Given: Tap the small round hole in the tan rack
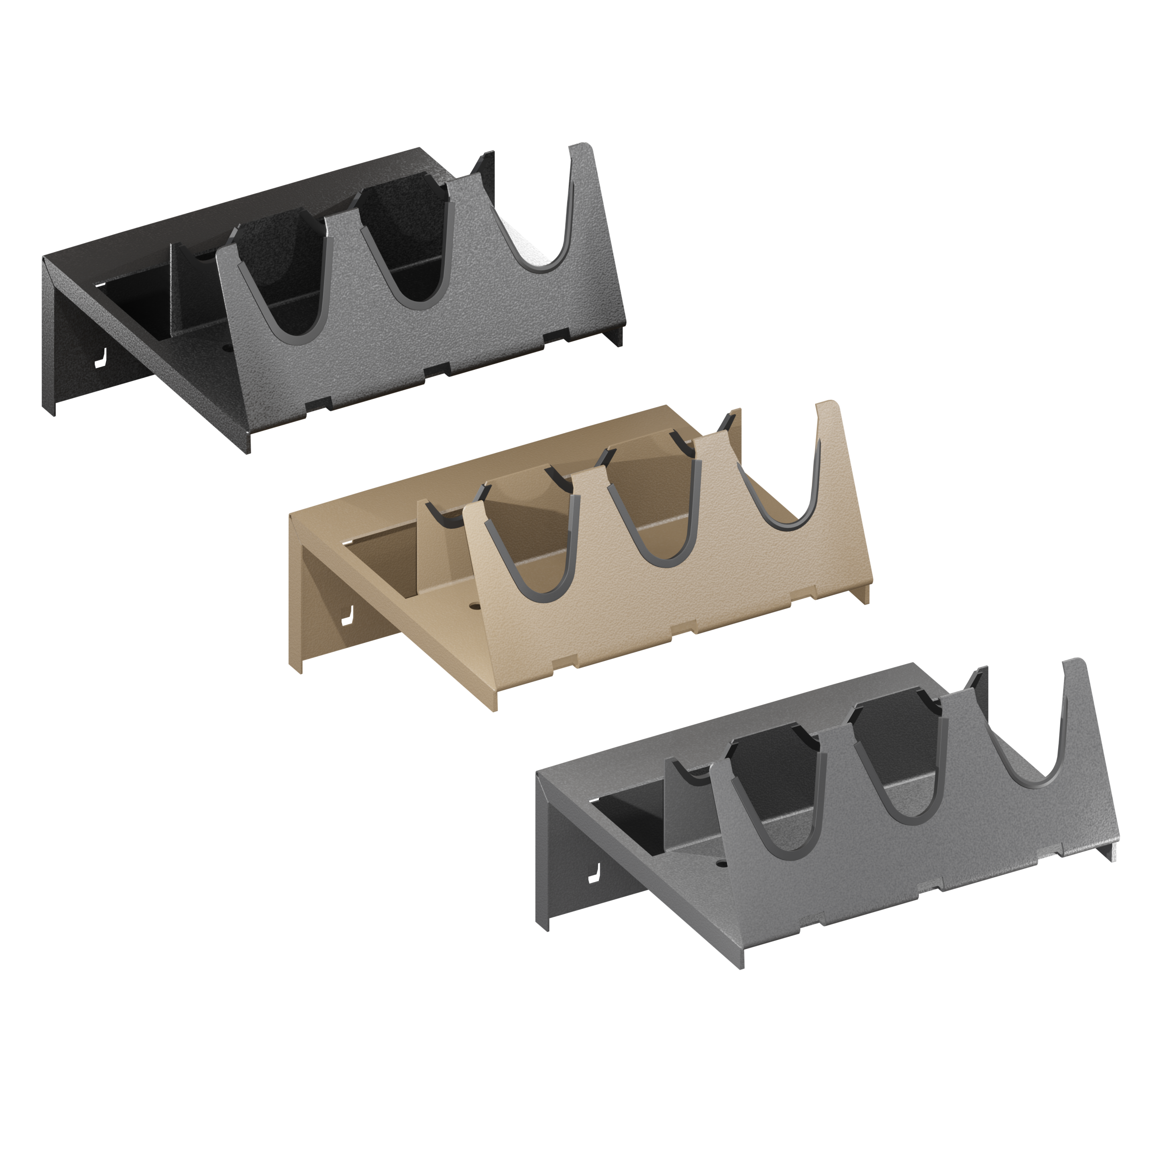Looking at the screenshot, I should (474, 605).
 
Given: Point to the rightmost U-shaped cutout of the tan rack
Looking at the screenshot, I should (784, 475).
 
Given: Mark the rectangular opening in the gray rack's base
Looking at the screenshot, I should (632, 818).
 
